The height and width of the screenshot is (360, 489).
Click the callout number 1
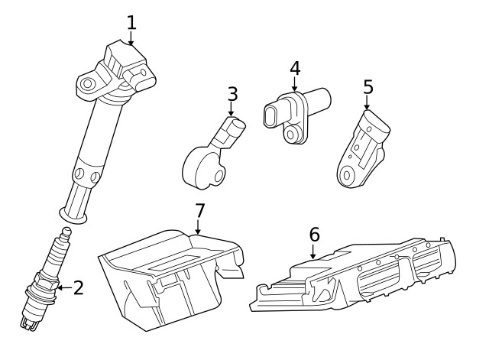click(x=131, y=21)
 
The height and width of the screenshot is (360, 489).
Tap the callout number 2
click(x=78, y=288)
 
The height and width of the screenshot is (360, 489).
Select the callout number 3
click(x=232, y=94)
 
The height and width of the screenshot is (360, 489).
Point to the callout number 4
click(x=295, y=67)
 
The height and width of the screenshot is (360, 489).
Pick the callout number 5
click(x=368, y=86)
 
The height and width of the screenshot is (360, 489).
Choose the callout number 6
click(x=314, y=234)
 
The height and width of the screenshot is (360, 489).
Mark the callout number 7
click(x=199, y=209)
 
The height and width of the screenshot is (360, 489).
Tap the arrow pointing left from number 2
click(x=63, y=289)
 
